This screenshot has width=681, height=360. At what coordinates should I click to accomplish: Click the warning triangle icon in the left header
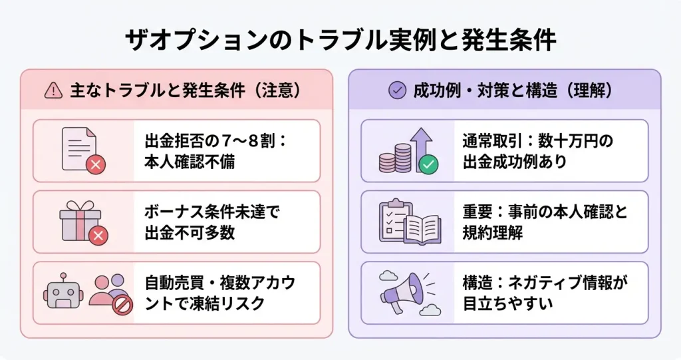(52, 91)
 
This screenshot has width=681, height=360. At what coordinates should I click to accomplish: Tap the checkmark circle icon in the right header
(397, 91)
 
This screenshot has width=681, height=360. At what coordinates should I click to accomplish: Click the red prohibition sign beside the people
(121, 305)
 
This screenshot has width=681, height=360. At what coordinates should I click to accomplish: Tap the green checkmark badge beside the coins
(428, 163)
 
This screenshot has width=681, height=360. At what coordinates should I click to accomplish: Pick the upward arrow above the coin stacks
(421, 141)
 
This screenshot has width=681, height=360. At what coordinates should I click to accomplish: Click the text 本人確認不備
(190, 162)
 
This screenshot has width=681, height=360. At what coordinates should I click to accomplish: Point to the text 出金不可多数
(189, 233)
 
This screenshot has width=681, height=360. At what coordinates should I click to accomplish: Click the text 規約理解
(492, 233)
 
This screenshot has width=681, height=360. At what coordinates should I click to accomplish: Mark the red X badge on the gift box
(98, 234)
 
